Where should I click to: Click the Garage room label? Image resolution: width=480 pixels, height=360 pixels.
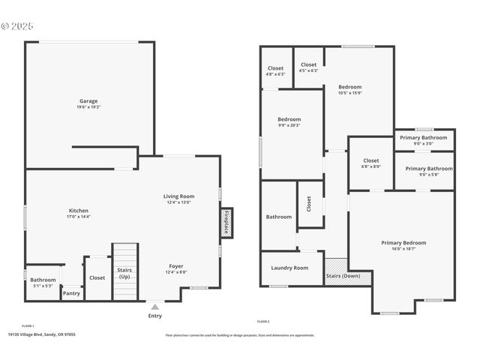(x=88, y=101)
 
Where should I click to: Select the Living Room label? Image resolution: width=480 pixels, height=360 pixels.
(x=178, y=196)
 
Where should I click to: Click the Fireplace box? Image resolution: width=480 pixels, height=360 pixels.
(x=226, y=223)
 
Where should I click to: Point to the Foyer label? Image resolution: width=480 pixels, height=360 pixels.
(x=175, y=265)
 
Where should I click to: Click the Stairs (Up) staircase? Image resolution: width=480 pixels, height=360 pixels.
(x=124, y=271)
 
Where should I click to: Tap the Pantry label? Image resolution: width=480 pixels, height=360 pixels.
(x=71, y=293)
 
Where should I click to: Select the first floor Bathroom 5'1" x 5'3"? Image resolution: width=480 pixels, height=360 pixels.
(x=43, y=280)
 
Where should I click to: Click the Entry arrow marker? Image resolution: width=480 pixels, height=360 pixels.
(x=154, y=307)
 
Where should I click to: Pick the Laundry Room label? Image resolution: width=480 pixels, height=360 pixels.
(x=289, y=268)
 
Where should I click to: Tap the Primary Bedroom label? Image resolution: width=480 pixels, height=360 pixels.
(x=403, y=243)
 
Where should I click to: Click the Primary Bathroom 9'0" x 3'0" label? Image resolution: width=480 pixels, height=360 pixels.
(x=424, y=138)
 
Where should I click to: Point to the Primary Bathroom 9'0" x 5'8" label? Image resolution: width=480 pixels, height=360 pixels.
(x=428, y=169)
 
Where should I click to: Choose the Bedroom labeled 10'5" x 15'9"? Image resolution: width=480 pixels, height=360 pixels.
(x=349, y=87)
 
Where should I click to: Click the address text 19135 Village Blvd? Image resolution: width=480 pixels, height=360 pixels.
(x=41, y=334)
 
